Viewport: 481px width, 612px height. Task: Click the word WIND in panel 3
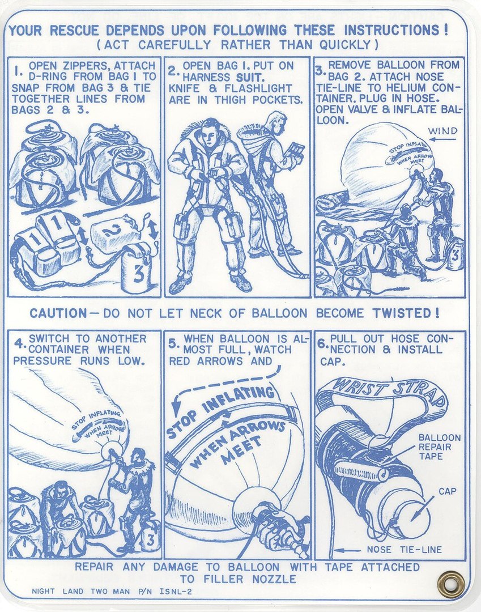(443, 131)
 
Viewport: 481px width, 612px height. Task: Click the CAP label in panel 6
(447, 491)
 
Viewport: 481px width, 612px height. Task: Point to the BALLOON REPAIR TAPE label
(440, 447)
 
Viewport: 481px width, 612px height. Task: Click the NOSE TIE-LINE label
(404, 550)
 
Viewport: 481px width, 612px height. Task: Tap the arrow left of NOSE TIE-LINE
(347, 550)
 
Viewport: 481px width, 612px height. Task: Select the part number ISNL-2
(176, 591)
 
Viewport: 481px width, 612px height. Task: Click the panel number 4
(18, 345)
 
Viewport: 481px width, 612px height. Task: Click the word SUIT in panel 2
(250, 77)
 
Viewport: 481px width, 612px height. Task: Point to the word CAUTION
(58, 313)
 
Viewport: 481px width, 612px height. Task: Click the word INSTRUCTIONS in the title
(393, 30)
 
